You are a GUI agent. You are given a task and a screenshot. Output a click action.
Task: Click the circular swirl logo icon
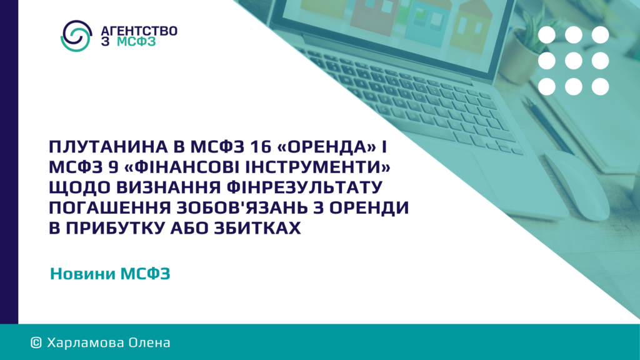(76, 36)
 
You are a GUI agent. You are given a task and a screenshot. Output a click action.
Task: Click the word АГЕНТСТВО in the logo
(139, 31)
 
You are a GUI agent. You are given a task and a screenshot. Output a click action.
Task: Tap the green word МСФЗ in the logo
(136, 42)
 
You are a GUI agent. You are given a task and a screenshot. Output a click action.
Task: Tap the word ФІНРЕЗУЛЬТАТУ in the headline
(304, 187)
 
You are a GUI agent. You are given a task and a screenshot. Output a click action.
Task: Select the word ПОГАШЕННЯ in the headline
(110, 207)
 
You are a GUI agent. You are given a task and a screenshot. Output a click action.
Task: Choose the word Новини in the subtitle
(82, 274)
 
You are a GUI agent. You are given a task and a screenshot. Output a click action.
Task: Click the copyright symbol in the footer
(36, 343)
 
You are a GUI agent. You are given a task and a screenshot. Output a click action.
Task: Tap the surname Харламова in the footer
(85, 343)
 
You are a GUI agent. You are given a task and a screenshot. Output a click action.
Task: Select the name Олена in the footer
(149, 343)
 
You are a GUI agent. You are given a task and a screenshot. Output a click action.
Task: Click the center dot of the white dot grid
(574, 61)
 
